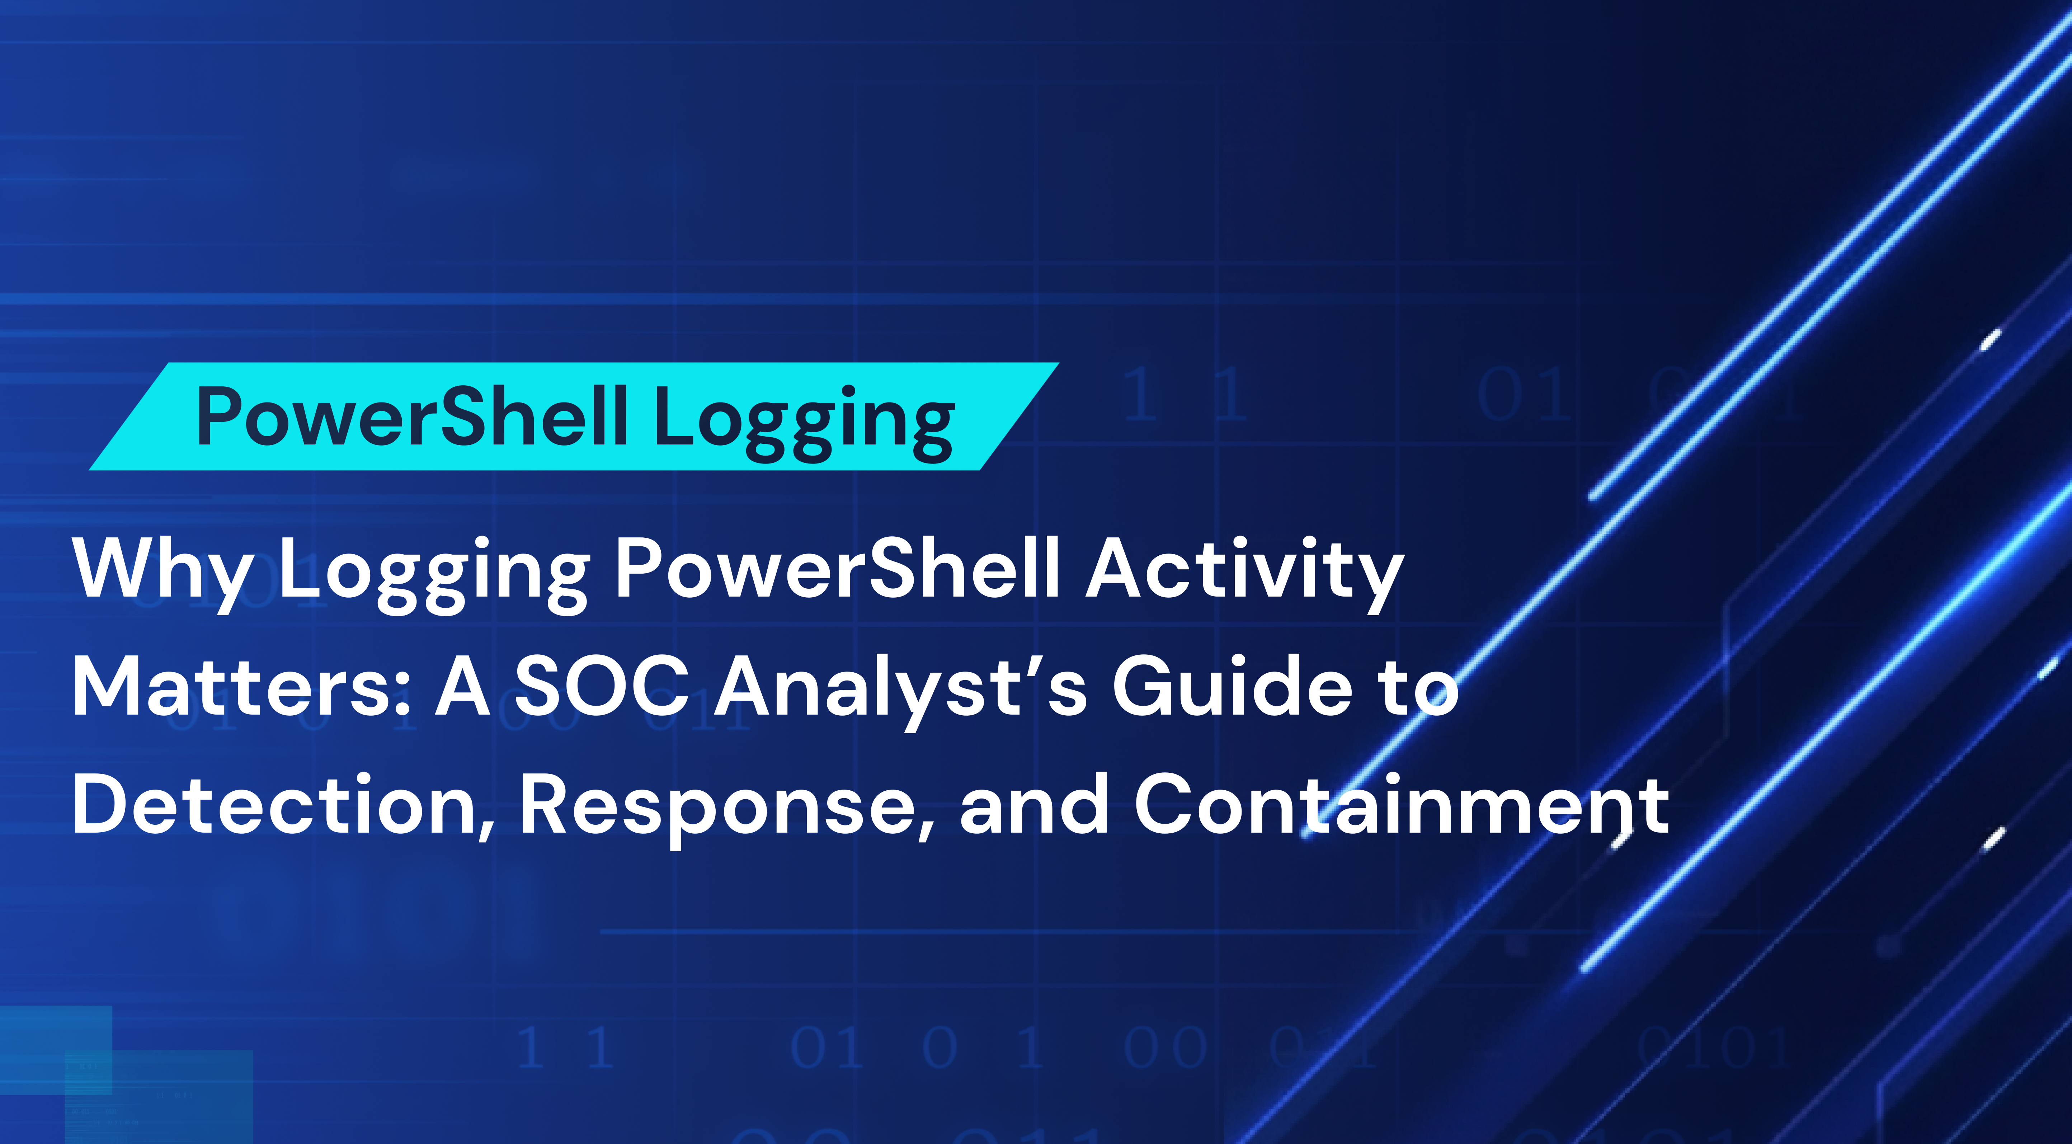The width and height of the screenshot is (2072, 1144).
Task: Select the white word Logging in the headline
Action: (434, 571)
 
